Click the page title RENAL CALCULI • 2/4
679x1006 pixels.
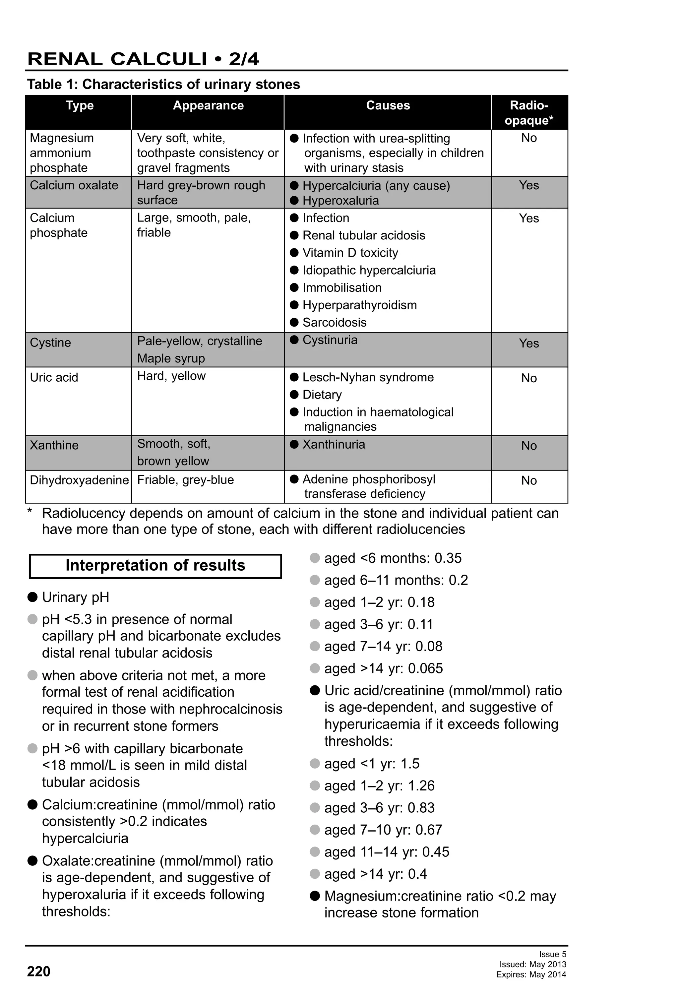coord(143,59)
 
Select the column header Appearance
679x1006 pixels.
coord(208,106)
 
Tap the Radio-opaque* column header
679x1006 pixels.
coord(529,112)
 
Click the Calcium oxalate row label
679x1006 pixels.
coord(74,185)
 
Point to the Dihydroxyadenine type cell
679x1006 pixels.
coord(79,480)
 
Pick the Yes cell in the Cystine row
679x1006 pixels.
coord(529,343)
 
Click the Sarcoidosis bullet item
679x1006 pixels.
coord(334,323)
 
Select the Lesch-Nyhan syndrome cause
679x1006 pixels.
coord(368,377)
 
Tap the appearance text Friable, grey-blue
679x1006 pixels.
coord(185,480)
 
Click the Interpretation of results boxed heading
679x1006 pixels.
coord(155,565)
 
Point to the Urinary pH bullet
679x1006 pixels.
coord(75,597)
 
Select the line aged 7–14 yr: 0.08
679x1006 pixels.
coord(383,646)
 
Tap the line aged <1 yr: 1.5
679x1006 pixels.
coord(372,764)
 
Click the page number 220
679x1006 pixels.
coord(38,972)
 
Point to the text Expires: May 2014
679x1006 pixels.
coord(531,975)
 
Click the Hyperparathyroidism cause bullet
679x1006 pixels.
coord(359,305)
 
